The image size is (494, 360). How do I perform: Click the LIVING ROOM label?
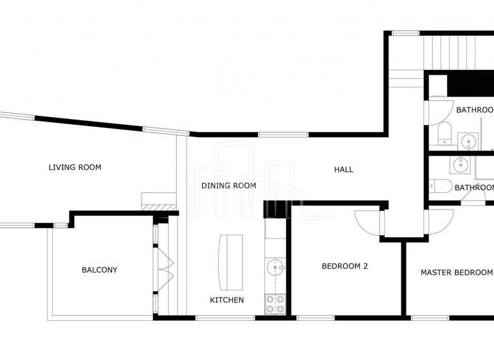[75, 168]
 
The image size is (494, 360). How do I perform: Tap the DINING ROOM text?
[229, 186]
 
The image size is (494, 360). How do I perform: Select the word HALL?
[343, 170]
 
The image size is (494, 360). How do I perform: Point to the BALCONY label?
[100, 270]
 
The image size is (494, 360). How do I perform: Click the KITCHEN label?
[227, 300]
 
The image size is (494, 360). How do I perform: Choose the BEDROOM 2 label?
[345, 266]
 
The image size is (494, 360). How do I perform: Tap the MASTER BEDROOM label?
[456, 273]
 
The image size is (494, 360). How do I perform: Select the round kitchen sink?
[276, 267]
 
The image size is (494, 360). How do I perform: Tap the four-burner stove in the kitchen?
[276, 303]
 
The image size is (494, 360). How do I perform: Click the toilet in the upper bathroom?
[444, 134]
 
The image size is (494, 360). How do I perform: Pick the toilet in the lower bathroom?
[443, 186]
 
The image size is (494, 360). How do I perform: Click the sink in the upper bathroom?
[468, 140]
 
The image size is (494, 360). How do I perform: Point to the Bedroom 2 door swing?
[367, 222]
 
